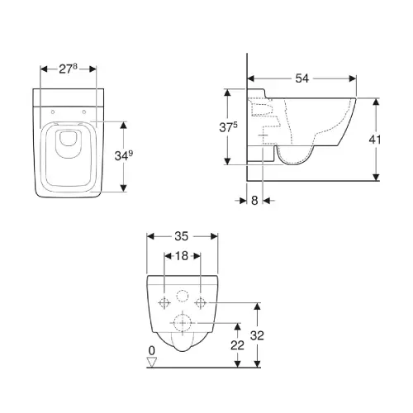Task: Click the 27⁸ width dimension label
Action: [69, 69]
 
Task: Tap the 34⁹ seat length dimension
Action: [124, 155]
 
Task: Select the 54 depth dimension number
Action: [302, 78]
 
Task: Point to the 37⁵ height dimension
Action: [228, 127]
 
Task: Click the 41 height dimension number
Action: [375, 140]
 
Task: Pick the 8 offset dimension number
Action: [254, 201]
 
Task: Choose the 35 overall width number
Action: [182, 236]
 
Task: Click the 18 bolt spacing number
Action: [182, 256]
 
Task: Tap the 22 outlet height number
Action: [237, 345]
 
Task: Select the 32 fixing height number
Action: [257, 335]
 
